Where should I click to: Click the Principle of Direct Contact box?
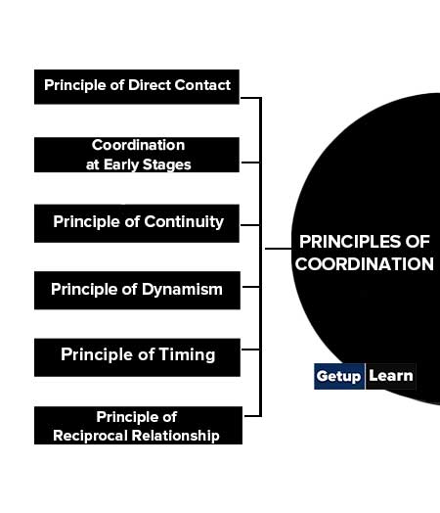tap(137, 87)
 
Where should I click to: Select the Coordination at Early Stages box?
tap(137, 155)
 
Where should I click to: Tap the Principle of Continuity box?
tap(137, 223)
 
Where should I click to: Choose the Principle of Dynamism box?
tap(137, 290)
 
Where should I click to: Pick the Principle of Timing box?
tap(137, 357)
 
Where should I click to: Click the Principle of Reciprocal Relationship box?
tap(138, 425)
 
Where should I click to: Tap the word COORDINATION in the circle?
tap(365, 264)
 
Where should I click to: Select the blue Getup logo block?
tap(339, 376)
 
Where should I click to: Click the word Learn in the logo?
tap(391, 376)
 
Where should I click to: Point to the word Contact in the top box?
tap(202, 85)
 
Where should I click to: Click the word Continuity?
tap(184, 222)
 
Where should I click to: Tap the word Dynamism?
tap(182, 290)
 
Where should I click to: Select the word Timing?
tap(187, 355)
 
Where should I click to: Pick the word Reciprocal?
tap(91, 436)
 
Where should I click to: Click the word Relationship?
tap(175, 436)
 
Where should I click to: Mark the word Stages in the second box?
tap(166, 164)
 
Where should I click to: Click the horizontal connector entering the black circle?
tap(278, 249)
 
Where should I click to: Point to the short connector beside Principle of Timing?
tap(250, 350)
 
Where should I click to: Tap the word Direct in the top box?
tap(150, 85)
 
